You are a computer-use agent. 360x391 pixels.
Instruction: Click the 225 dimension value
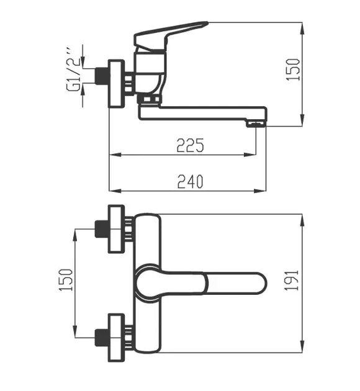click(190, 145)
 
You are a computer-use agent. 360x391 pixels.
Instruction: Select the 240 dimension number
click(190, 181)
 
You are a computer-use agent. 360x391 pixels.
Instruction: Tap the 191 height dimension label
click(292, 280)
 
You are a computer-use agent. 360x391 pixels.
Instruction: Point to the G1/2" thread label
click(73, 69)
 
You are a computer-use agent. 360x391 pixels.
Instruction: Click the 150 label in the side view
click(293, 70)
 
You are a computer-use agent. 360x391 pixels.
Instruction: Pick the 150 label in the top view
click(66, 280)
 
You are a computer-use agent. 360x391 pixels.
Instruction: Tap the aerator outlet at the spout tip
click(256, 124)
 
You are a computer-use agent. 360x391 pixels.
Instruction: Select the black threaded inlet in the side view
click(101, 76)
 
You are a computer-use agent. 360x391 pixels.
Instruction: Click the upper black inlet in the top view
click(101, 229)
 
